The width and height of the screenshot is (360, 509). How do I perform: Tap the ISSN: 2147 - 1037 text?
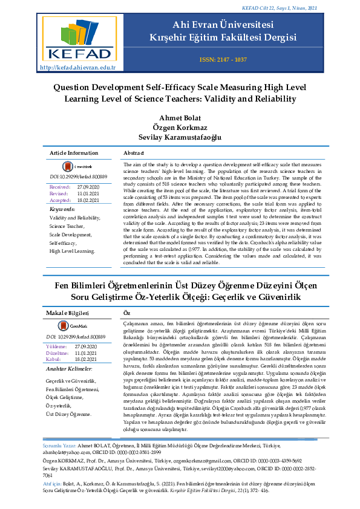coord(223,60)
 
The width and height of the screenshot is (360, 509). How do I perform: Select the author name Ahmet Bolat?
coord(179,117)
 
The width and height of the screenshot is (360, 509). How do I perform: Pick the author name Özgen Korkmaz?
coord(180,127)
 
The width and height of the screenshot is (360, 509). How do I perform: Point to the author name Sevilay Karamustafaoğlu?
coord(180,137)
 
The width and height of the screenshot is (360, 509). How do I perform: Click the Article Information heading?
coord(74,154)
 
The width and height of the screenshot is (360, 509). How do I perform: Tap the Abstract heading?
coord(133,154)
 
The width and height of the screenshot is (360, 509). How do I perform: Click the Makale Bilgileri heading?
coord(68,313)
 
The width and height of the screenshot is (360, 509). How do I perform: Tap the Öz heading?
coord(126,313)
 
